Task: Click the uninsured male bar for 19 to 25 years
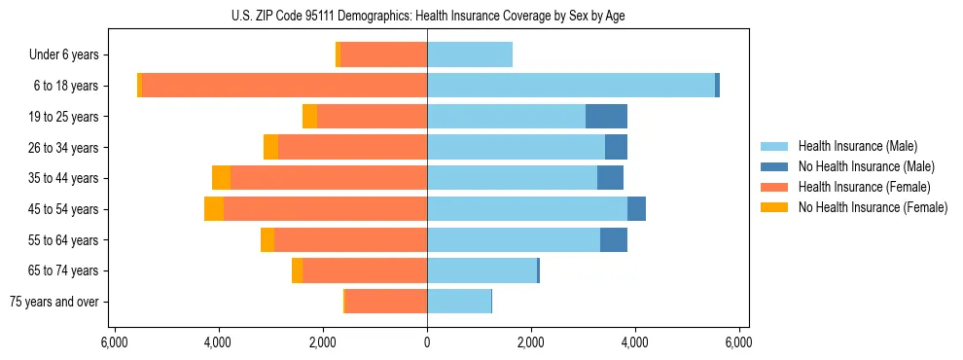click(x=606, y=117)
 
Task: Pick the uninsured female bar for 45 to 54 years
click(x=214, y=209)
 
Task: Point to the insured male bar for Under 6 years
click(x=470, y=55)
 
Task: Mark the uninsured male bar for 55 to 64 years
click(x=614, y=240)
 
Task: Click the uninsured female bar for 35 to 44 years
click(x=222, y=178)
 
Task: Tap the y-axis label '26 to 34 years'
click(x=63, y=148)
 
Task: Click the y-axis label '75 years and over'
click(x=53, y=302)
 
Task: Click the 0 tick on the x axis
click(x=427, y=342)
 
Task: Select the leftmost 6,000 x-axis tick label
click(x=115, y=342)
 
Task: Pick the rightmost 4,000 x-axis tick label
click(x=635, y=342)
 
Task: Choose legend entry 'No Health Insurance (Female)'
click(x=873, y=207)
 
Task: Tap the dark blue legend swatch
click(x=775, y=166)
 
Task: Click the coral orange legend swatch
click(x=775, y=187)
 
